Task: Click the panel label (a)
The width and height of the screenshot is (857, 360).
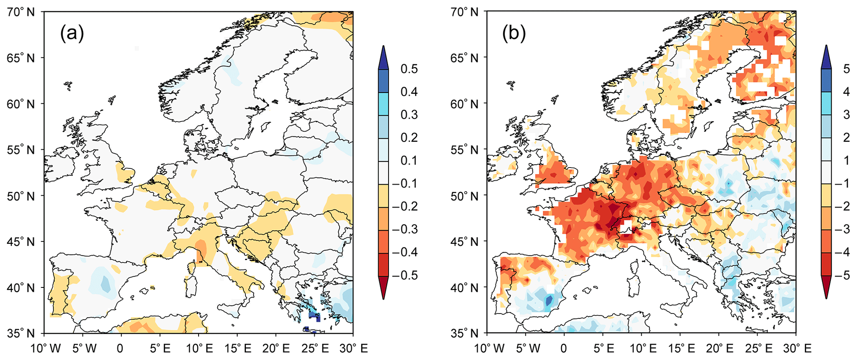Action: click(72, 33)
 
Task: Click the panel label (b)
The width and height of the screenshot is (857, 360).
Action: click(514, 33)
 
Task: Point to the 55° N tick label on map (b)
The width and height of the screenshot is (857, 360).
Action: click(464, 150)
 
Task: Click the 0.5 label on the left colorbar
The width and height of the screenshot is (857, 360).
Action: click(409, 69)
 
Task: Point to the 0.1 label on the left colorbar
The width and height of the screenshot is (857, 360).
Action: click(409, 161)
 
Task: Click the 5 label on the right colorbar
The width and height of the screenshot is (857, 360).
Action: click(847, 69)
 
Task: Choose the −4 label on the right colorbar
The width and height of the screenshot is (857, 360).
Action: click(843, 252)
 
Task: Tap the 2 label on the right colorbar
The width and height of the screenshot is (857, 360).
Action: click(847, 138)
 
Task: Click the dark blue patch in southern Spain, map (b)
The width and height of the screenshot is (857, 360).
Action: click(549, 300)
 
